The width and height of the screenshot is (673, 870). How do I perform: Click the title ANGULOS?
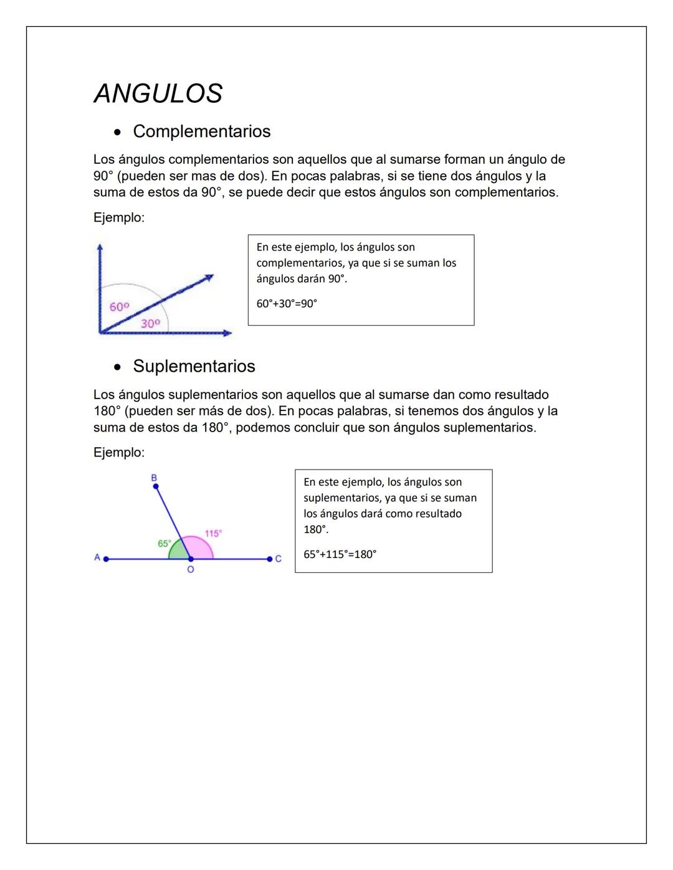[158, 94]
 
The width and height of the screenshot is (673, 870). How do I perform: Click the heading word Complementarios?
[201, 131]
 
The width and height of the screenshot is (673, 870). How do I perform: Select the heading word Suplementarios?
[194, 366]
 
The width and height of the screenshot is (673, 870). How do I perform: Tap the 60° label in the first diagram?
[119, 307]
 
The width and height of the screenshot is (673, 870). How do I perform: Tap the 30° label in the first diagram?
[150, 323]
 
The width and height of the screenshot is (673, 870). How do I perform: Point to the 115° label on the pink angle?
[213, 534]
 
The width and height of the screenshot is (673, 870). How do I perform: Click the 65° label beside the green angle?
[164, 543]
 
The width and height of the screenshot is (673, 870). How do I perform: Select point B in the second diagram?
[156, 486]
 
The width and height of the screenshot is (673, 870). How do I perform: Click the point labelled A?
[106, 559]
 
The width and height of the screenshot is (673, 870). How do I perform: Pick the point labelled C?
[269, 559]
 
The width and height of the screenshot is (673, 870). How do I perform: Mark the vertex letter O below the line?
[191, 570]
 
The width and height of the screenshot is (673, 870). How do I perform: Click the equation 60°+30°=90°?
[287, 304]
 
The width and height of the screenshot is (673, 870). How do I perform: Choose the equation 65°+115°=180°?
[340, 554]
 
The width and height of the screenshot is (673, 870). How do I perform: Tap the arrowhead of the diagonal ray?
[209, 277]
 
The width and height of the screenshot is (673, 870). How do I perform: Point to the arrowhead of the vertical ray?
[99, 247]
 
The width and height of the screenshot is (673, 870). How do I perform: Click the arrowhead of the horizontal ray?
[227, 333]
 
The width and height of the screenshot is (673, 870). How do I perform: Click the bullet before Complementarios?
[117, 133]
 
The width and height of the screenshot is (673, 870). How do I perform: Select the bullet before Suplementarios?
[117, 367]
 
